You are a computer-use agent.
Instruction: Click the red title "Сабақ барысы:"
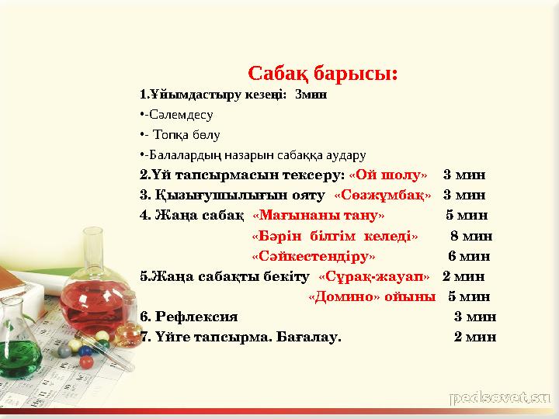click(323, 74)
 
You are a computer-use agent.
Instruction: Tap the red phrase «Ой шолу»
click(387, 174)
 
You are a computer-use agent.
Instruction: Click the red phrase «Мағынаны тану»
click(318, 215)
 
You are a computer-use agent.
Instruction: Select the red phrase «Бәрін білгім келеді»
click(335, 235)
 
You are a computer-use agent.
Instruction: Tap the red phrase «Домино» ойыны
click(372, 296)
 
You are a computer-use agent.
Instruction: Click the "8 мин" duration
click(471, 235)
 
